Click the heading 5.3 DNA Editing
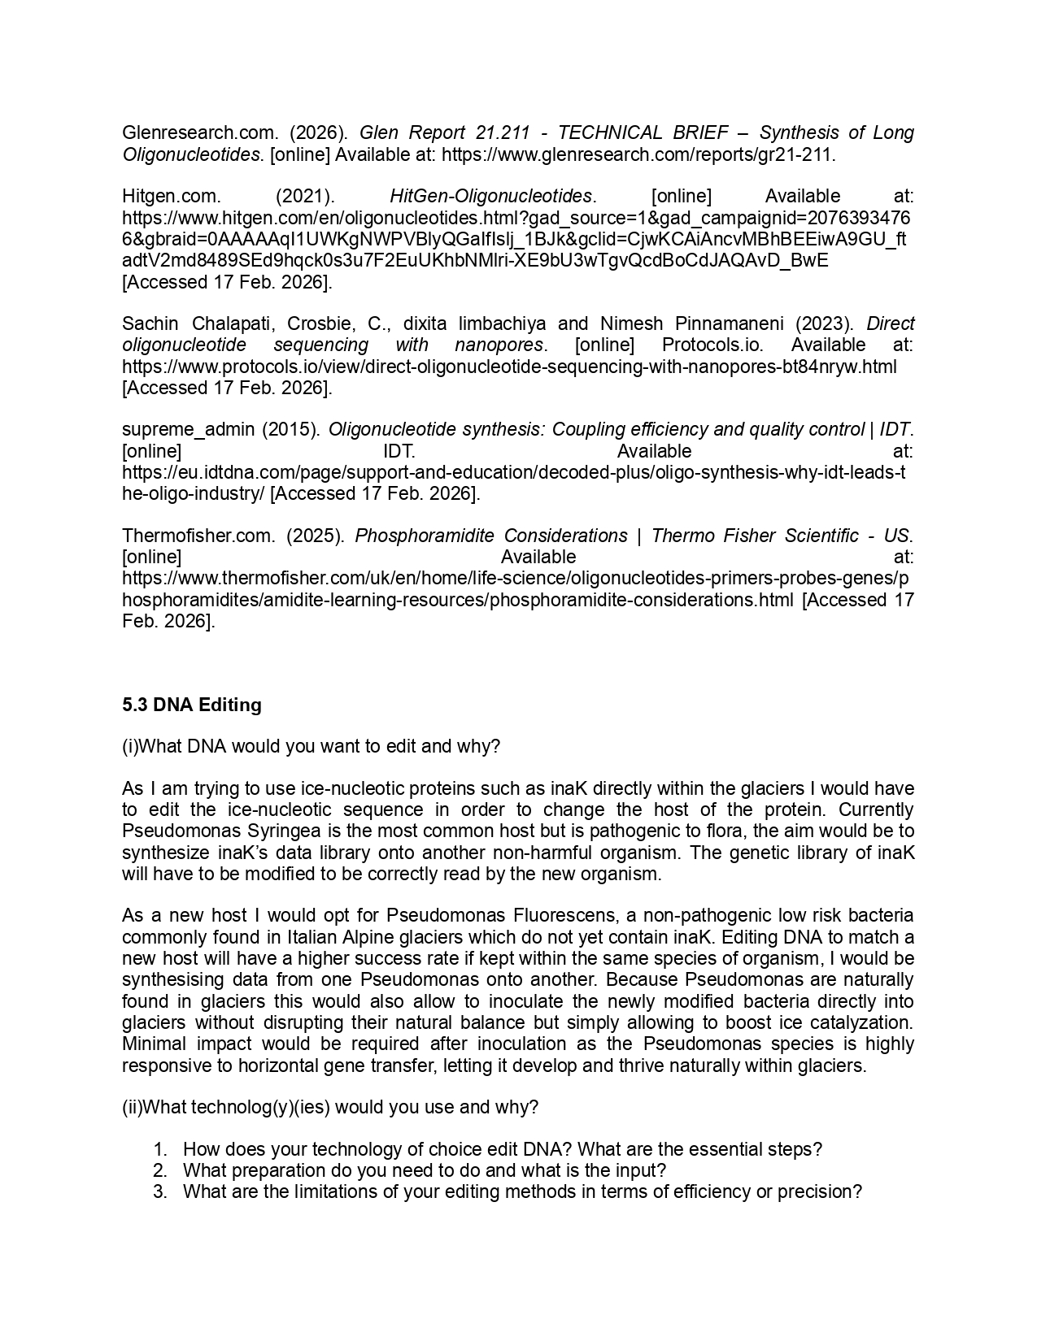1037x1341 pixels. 192,705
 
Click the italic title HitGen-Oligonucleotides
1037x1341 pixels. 491,196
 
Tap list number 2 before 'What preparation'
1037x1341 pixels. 160,1170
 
